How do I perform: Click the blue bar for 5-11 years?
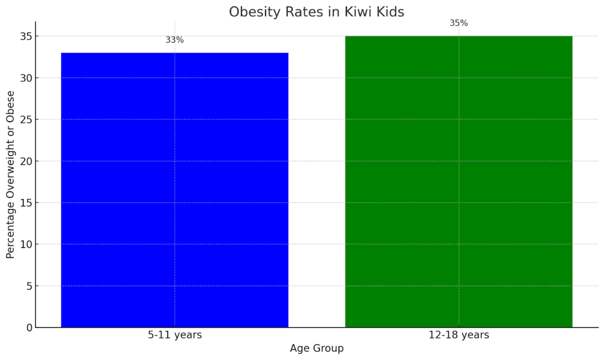click(175, 190)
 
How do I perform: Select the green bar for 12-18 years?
click(459, 182)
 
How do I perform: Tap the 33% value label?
click(175, 40)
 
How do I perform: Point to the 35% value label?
click(459, 23)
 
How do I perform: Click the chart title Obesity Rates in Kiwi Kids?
click(316, 12)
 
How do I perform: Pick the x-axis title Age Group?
click(317, 349)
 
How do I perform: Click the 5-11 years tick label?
click(175, 335)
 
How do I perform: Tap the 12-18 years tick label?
click(459, 335)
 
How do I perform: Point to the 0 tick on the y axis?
click(28, 327)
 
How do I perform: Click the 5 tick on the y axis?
click(28, 286)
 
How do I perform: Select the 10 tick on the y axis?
click(26, 244)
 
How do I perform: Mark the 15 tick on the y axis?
click(26, 203)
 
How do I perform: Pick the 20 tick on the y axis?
click(26, 161)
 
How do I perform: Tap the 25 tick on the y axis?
click(26, 120)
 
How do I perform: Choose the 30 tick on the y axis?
click(26, 78)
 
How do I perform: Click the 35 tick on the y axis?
click(26, 36)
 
